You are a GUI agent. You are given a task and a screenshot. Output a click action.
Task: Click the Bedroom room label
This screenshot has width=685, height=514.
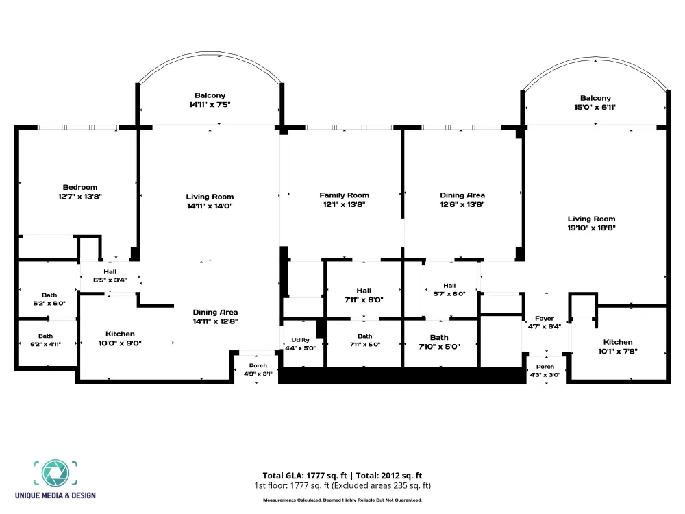(80, 187)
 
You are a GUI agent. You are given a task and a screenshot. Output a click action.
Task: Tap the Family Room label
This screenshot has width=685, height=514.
(345, 195)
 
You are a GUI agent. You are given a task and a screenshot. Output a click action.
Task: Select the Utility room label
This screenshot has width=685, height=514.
(300, 340)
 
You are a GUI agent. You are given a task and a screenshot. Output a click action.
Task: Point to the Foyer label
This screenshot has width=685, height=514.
(545, 319)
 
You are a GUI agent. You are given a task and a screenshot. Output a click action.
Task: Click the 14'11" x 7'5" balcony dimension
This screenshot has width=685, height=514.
(210, 104)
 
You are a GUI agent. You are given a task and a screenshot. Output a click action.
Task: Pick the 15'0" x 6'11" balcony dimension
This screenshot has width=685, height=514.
(595, 107)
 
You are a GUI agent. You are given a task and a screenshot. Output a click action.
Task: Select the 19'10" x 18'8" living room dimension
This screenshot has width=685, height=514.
(592, 228)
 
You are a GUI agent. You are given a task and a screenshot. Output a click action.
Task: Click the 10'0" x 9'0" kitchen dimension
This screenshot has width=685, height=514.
(120, 343)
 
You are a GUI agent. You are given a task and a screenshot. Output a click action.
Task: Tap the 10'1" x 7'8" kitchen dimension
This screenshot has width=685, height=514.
(618, 351)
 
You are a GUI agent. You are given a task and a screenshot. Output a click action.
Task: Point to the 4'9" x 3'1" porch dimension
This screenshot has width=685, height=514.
(258, 374)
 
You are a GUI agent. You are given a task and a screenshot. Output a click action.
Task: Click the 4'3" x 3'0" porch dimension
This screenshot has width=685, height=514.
(545, 375)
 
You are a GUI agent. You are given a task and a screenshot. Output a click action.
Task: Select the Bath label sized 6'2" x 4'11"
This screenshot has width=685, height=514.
(45, 336)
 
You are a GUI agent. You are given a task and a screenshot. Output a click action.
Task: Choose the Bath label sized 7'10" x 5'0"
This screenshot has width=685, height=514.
(439, 337)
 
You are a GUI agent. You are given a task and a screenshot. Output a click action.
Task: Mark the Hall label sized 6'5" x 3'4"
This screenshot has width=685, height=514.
(110, 271)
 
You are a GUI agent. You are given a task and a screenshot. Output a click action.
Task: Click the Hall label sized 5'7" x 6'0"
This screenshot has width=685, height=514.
(449, 285)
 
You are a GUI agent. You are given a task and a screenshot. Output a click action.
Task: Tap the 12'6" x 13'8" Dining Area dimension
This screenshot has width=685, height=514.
(462, 204)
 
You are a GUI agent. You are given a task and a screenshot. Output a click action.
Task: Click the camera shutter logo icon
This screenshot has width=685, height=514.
(55, 473)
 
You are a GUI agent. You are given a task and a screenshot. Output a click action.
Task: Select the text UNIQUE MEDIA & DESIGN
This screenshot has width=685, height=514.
(55, 495)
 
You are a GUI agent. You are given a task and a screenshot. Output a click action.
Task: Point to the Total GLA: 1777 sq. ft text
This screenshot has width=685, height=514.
(305, 476)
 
